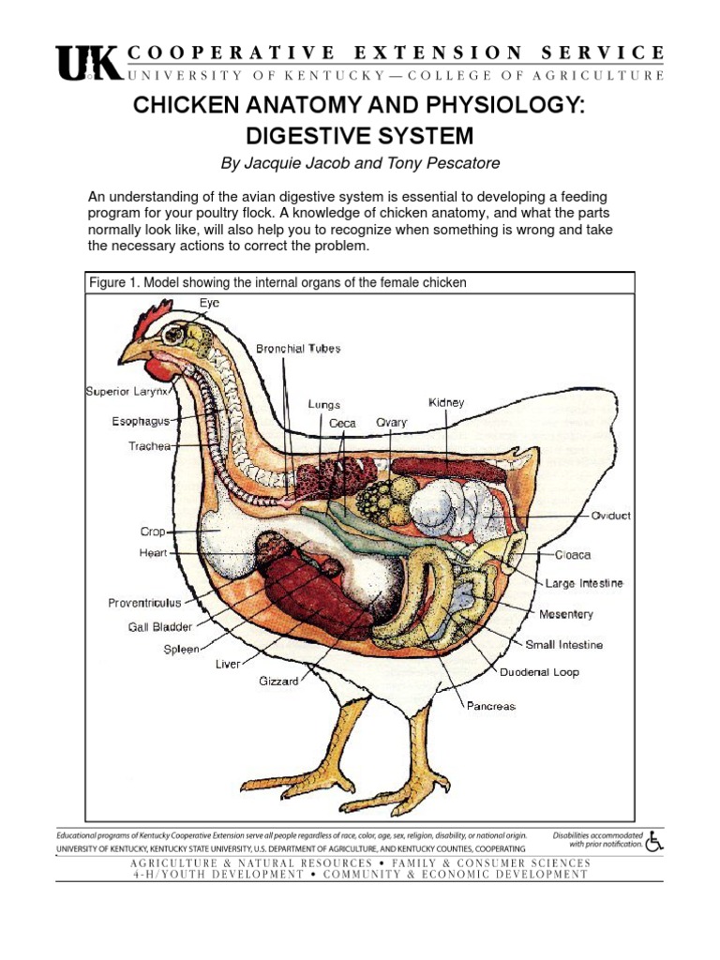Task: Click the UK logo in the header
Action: (89, 65)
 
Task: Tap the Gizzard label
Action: (278, 682)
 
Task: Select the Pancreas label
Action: (491, 706)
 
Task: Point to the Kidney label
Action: (446, 402)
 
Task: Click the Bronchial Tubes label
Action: (298, 349)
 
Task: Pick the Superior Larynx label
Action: (128, 390)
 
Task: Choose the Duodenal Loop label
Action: (539, 672)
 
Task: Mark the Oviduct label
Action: (611, 516)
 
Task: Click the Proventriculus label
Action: (143, 604)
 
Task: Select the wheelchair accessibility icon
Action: (654, 840)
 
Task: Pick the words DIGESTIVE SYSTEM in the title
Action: (360, 135)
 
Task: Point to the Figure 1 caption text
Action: (277, 282)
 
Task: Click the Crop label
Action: (153, 532)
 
